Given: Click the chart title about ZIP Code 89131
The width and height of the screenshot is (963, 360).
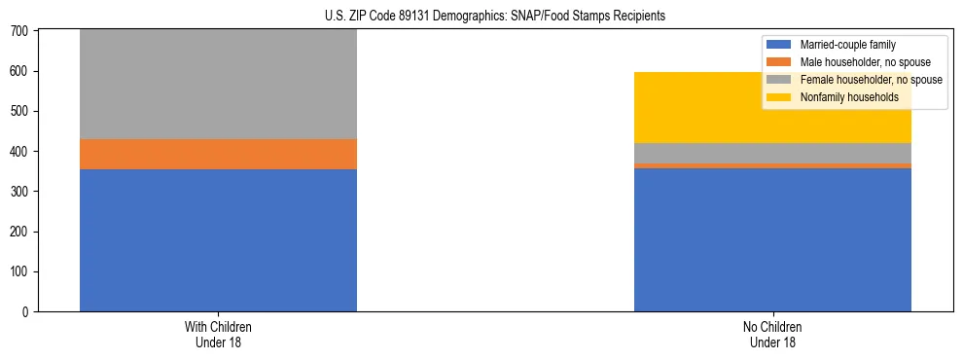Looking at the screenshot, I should [x=482, y=17].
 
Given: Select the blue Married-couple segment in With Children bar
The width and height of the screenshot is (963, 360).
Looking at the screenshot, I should [x=218, y=240].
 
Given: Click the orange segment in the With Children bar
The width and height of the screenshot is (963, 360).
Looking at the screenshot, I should [x=218, y=154].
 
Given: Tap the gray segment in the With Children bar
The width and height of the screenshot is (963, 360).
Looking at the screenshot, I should [x=218, y=84].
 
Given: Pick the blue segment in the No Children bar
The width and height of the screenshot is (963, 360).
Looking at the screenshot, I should [x=772, y=239].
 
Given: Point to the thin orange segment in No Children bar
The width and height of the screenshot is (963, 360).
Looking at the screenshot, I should [x=772, y=165].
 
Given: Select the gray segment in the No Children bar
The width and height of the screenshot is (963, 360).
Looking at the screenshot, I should [x=772, y=153].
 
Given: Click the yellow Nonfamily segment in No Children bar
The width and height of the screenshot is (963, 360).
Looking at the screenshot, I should [x=772, y=107].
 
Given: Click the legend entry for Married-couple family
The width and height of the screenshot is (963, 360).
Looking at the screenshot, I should [x=847, y=45].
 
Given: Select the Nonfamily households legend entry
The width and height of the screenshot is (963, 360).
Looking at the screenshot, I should [x=842, y=97].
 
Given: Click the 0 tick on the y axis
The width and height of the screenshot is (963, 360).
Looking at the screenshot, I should [x=27, y=311].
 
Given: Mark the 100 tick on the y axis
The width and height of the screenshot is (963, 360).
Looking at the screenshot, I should [x=21, y=271].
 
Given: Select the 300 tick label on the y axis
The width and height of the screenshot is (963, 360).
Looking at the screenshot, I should [x=21, y=192].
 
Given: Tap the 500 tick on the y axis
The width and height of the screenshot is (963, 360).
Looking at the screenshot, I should [x=21, y=112].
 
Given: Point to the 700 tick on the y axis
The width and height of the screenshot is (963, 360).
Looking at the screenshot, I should [x=21, y=32].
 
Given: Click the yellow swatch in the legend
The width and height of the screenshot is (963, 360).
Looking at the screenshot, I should [x=779, y=97].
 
